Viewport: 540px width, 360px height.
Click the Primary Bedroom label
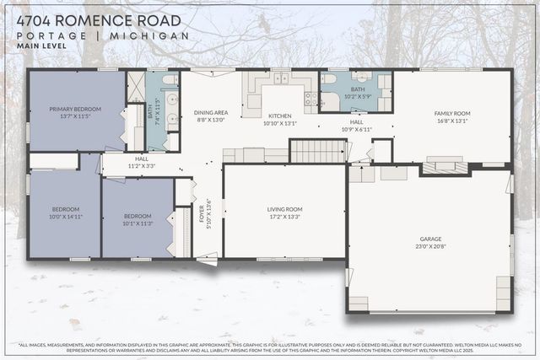coord(75,109)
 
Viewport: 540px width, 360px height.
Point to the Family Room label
coord(452,113)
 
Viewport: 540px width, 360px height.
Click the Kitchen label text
coord(280,116)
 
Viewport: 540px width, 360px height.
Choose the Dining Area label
coord(211,112)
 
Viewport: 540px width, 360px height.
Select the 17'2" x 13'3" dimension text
coord(284,217)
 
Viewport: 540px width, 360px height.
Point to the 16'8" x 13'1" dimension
coord(452,121)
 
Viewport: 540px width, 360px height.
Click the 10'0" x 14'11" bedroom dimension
coord(66,217)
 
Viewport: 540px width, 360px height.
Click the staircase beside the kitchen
coord(317,151)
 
